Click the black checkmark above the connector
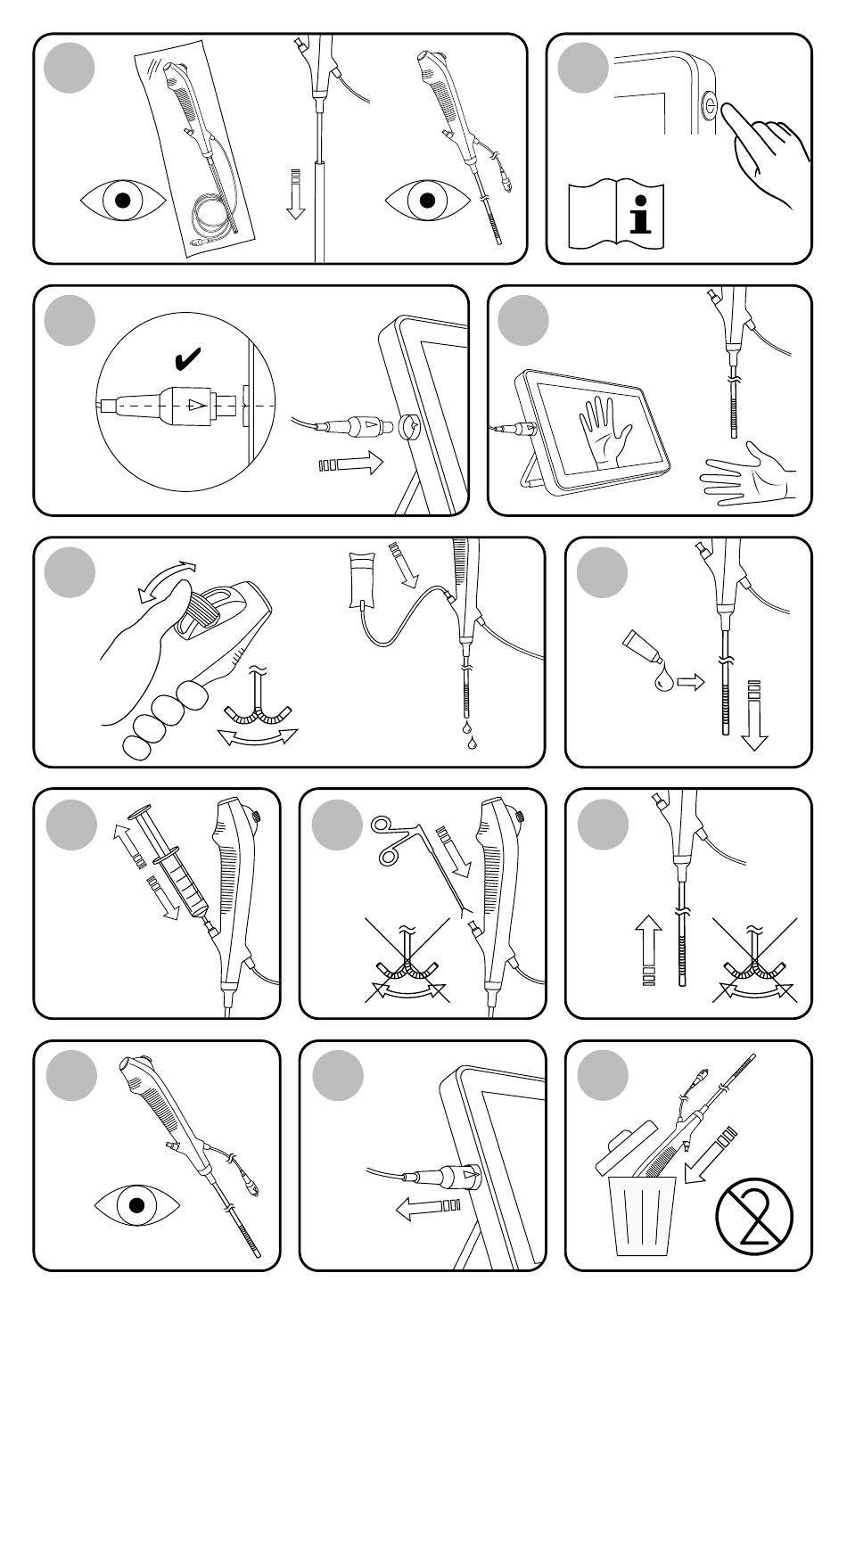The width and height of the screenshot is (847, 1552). [x=188, y=358]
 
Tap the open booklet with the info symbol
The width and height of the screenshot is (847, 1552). [x=616, y=215]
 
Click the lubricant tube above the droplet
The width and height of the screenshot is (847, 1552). [x=641, y=645]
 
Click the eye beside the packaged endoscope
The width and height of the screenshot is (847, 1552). [x=123, y=201]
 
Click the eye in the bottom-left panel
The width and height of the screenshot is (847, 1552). [x=137, y=1205]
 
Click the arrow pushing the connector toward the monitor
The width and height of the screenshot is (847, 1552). [x=351, y=464]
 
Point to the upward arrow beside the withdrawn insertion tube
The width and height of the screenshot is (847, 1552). [x=648, y=948]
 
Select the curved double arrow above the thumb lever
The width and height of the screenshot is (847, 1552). [x=166, y=579]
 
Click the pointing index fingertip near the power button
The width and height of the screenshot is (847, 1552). [x=728, y=111]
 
